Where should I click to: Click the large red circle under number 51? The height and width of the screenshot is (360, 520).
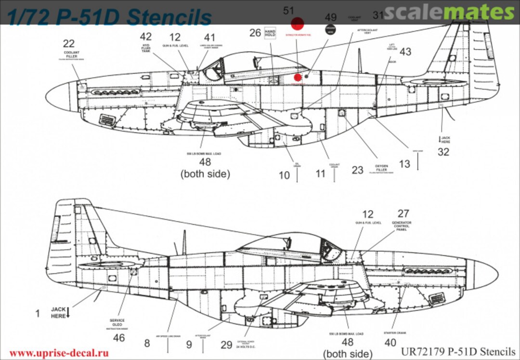[x=299, y=24]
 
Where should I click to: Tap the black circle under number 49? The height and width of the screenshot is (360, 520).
[x=330, y=30]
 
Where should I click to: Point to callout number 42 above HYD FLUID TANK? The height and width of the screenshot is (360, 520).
[x=145, y=37]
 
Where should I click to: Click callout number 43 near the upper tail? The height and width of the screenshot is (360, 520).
[x=405, y=52]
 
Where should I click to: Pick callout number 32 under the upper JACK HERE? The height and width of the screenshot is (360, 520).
[x=443, y=152]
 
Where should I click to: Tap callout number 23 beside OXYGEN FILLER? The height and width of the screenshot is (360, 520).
[x=357, y=170]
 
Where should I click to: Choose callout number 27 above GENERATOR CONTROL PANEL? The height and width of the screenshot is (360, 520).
[x=403, y=214]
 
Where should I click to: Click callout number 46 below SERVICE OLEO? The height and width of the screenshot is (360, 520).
[x=118, y=338]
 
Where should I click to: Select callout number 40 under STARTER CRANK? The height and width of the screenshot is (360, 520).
[x=390, y=343]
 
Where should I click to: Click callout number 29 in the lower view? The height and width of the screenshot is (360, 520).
[x=226, y=345]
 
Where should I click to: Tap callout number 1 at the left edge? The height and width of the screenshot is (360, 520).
[x=38, y=313]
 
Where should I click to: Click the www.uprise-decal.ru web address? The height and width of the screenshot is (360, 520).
[x=59, y=353]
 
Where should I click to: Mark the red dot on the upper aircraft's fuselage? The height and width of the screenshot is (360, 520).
[x=298, y=77]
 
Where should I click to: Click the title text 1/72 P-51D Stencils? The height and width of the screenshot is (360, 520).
[x=109, y=17]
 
